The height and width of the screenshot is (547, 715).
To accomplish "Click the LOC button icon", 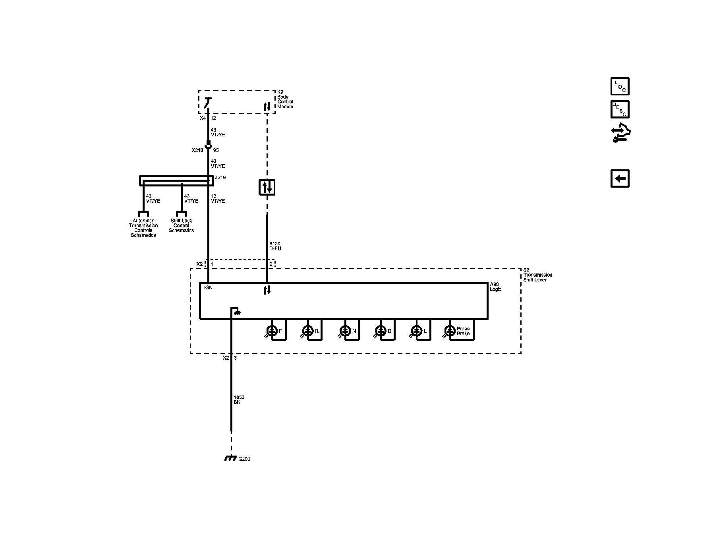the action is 620,86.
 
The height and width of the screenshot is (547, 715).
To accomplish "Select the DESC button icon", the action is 620,109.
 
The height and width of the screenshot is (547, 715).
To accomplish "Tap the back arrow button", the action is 620,178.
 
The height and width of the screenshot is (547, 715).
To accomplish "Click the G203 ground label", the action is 244,459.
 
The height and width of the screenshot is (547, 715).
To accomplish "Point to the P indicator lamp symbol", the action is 272,330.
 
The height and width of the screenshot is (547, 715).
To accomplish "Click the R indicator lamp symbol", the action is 308,330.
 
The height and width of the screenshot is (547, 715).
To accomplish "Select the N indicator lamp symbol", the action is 345,330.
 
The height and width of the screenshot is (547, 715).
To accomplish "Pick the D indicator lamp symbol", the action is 381,330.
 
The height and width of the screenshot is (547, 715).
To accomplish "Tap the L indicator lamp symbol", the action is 416,330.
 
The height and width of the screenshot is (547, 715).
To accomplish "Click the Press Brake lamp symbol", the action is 450,330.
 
